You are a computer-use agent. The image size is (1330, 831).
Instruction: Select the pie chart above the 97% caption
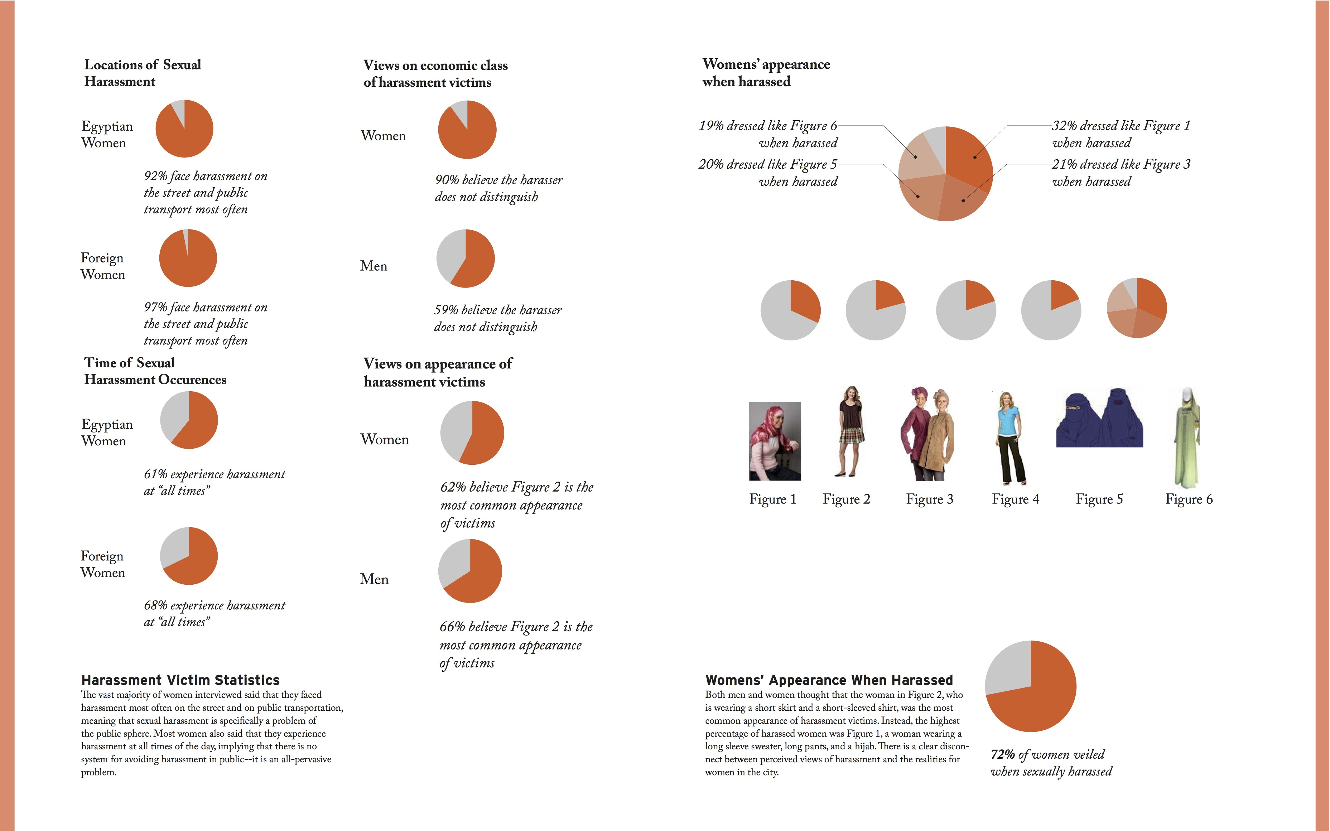pyautogui.click(x=188, y=258)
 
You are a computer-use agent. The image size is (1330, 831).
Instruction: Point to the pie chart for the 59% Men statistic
pyautogui.click(x=465, y=258)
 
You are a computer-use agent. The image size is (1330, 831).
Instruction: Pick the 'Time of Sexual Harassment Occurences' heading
pyautogui.click(x=155, y=371)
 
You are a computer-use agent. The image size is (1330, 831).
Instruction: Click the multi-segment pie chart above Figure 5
pyautogui.click(x=1136, y=308)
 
